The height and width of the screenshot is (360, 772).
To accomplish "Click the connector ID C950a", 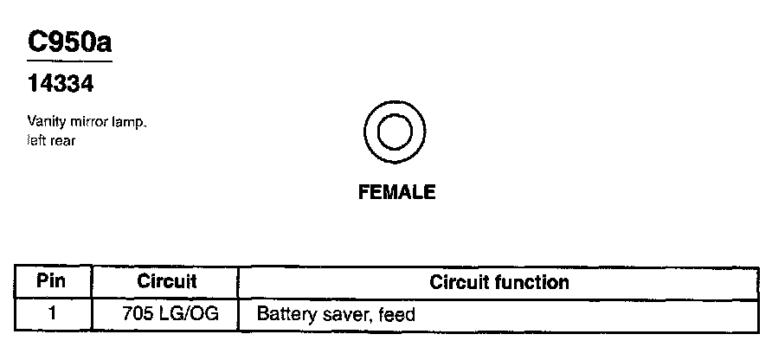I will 69,42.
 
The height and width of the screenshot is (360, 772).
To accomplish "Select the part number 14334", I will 60,85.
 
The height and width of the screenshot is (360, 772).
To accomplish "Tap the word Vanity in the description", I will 44,123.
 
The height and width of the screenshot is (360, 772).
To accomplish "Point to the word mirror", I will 87,123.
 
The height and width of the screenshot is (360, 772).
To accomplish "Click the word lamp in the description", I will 130,123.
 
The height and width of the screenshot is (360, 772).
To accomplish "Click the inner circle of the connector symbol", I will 396,134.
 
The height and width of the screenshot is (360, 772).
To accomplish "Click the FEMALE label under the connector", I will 396,192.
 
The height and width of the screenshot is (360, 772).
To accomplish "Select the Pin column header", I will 52,282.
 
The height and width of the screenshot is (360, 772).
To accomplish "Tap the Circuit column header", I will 167,282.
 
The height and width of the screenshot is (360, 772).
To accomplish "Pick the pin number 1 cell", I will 52,313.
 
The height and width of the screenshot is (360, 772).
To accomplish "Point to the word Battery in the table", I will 283,313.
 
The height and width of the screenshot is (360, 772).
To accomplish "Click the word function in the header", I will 532,282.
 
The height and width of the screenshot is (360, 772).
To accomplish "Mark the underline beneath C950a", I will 69,62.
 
